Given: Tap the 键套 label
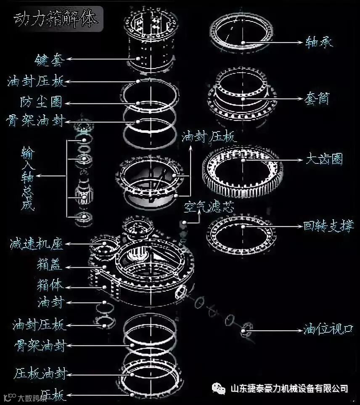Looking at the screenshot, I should click(49, 60).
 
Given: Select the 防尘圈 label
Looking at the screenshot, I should click(41, 102).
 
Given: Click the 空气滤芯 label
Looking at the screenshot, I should click(209, 206).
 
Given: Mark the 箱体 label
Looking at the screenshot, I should click(50, 286).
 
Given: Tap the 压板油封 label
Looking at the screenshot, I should click(40, 374).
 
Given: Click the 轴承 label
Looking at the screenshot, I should click(319, 42).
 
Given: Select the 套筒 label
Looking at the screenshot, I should click(316, 100).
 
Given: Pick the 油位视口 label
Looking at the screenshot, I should click(328, 329).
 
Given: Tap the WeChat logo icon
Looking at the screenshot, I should click(219, 388).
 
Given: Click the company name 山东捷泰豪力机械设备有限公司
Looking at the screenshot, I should click(290, 389).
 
